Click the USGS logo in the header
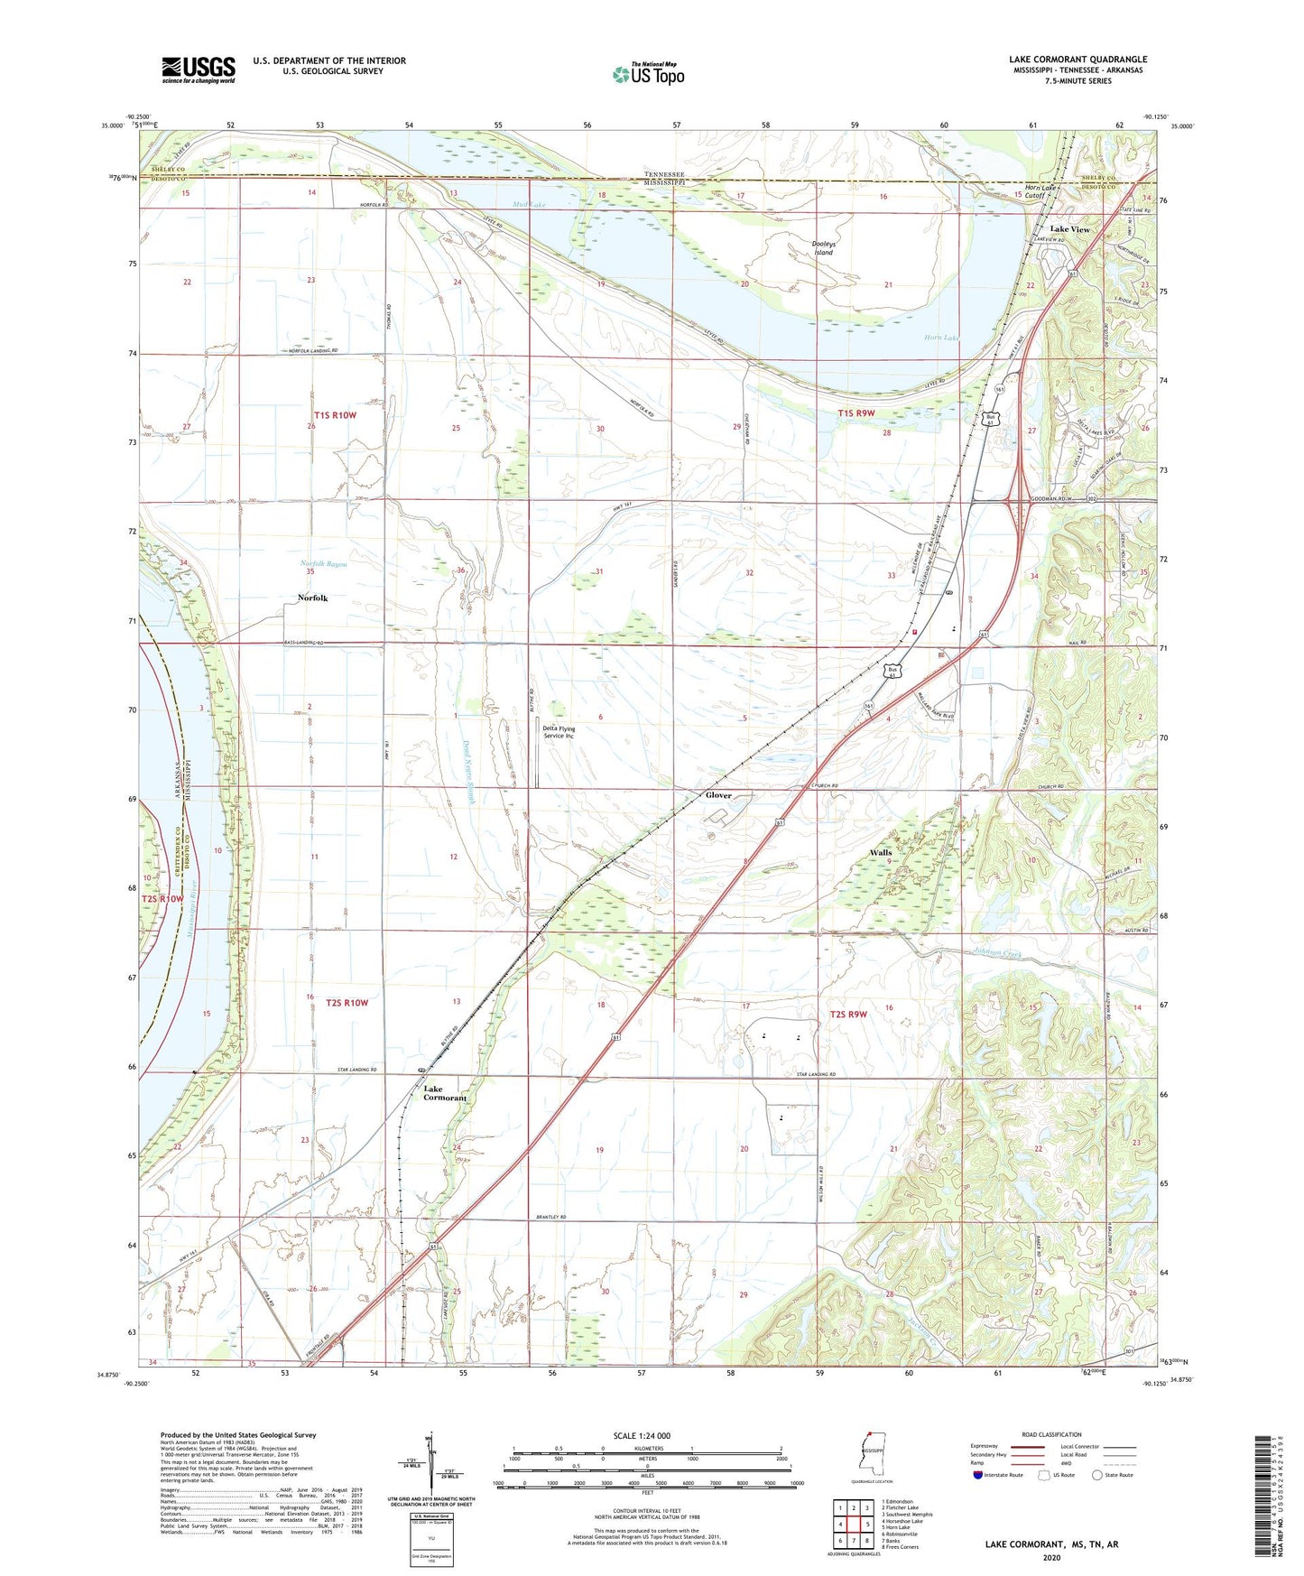pos(199,70)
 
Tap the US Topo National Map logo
pos(648,74)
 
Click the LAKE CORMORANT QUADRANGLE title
pos(1077,60)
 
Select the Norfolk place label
pos(312,598)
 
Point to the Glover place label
pos(718,795)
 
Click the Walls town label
pos(880,852)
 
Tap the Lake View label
pos(1069,229)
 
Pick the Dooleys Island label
pos(824,247)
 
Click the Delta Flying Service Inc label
pos(559,732)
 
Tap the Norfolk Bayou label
pos(323,563)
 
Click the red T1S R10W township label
pos(335,415)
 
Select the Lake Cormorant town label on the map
pos(445,1093)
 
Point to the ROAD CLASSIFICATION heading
pos(1051,1434)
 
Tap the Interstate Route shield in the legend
pos(978,1476)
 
